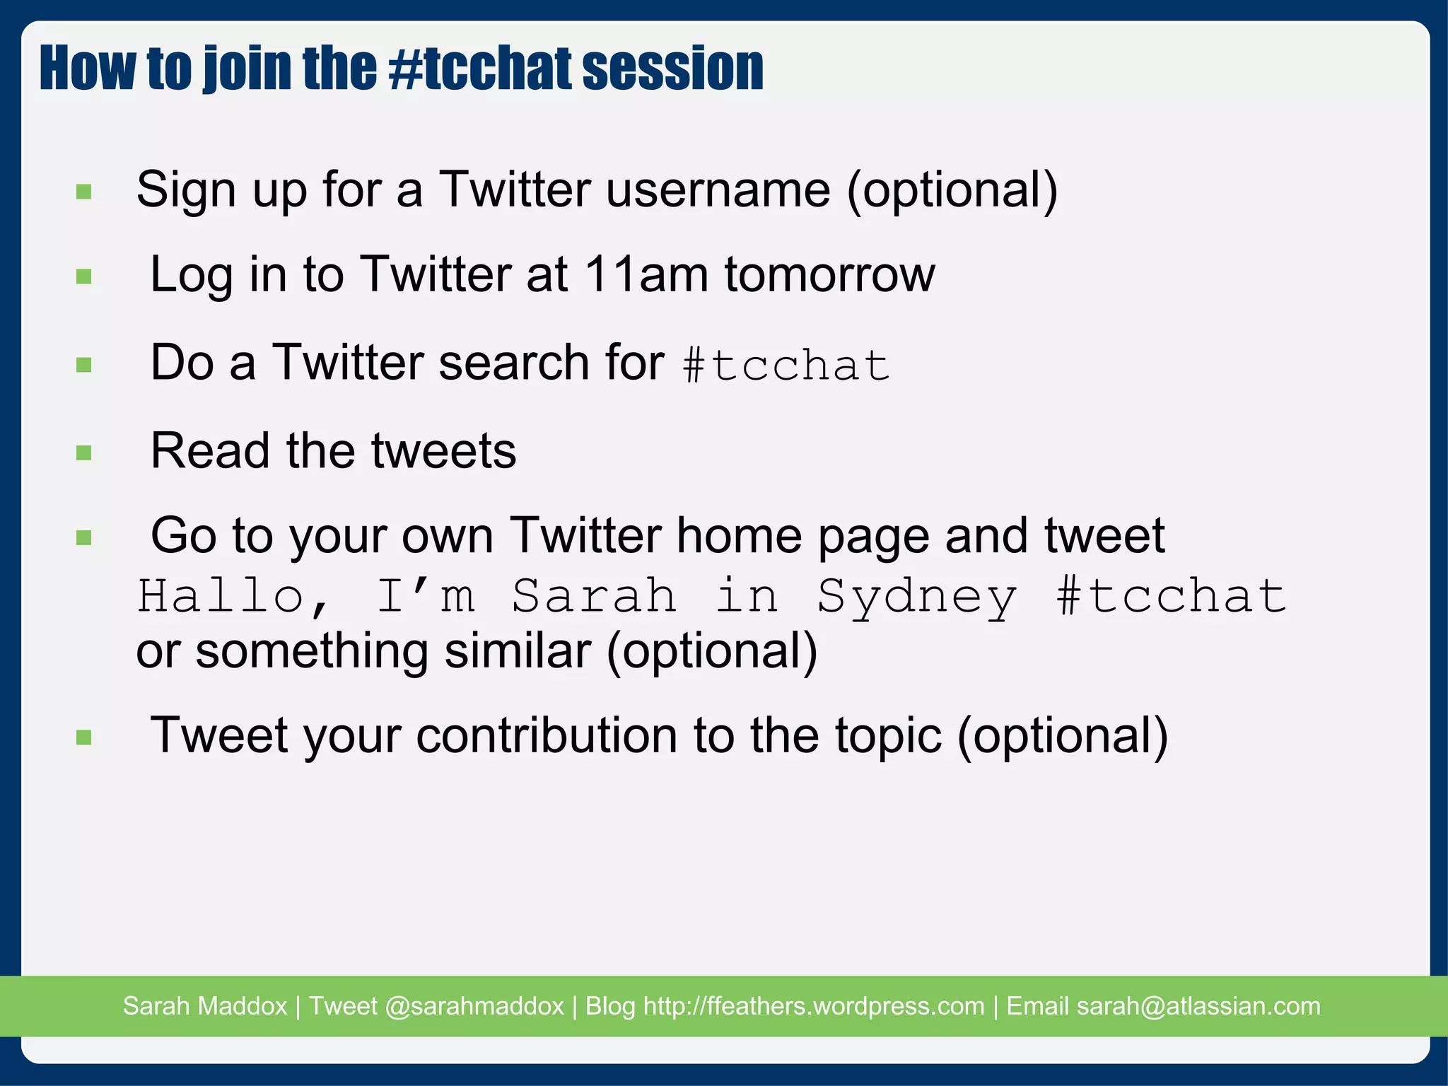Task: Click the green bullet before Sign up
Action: [x=84, y=192]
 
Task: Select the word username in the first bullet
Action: [x=718, y=190]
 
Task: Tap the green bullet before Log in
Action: [x=84, y=276]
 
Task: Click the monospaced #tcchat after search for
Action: [x=786, y=366]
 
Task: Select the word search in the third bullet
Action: [x=513, y=363]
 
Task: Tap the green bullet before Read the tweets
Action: [x=84, y=452]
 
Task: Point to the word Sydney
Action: [x=917, y=595]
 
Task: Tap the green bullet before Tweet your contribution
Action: [x=84, y=738]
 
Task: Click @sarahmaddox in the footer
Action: [x=474, y=1005]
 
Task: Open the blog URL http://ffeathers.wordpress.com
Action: [x=813, y=1005]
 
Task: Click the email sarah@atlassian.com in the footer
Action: [x=1198, y=1005]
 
